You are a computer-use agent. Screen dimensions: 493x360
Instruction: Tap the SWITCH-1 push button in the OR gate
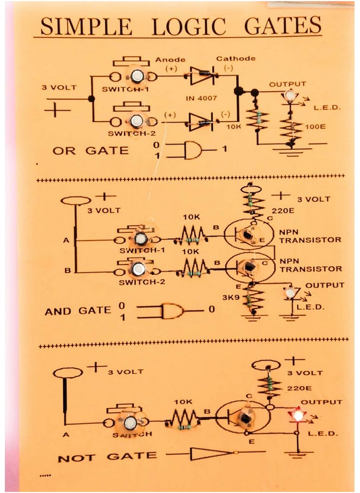click(x=137, y=76)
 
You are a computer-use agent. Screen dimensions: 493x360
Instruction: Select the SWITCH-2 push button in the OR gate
click(x=137, y=121)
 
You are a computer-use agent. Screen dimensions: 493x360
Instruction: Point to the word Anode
click(x=170, y=59)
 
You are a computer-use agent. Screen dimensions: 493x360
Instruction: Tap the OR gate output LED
click(x=289, y=97)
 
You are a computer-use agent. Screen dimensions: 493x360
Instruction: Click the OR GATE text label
click(x=91, y=151)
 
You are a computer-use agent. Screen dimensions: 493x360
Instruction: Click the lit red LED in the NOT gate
click(x=298, y=416)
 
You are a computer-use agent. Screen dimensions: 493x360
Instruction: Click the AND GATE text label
click(x=78, y=311)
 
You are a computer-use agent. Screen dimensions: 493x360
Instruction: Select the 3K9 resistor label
click(x=230, y=298)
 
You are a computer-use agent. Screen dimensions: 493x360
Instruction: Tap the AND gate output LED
click(x=289, y=293)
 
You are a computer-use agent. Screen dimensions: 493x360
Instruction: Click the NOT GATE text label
click(x=107, y=456)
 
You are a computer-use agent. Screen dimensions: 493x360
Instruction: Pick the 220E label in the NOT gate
click(x=299, y=389)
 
